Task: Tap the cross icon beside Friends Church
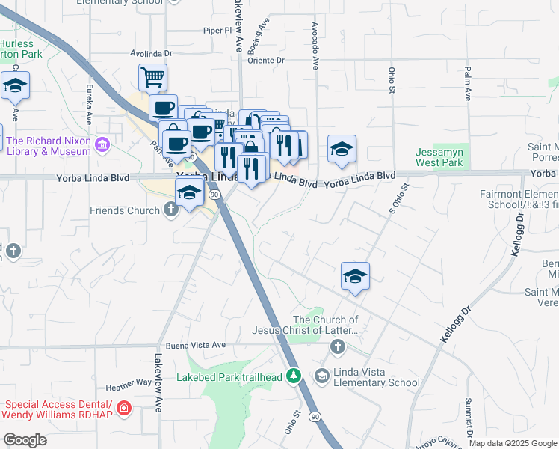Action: (171, 210)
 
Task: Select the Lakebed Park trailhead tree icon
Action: (294, 376)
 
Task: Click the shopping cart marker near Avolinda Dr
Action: (152, 76)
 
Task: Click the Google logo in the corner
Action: (24, 439)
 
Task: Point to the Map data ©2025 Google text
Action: (512, 443)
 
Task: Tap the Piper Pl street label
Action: (218, 31)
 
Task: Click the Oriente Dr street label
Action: (266, 60)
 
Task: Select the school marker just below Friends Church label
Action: (190, 193)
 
